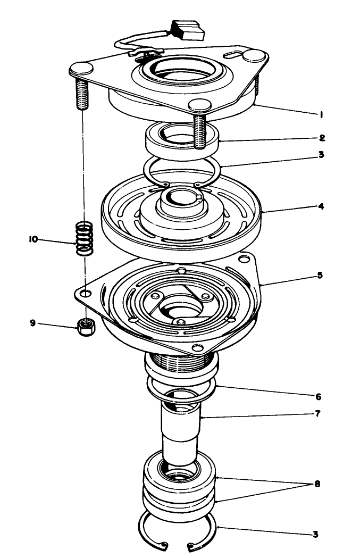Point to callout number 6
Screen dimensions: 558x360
coord(317,397)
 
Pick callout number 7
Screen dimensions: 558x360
coord(317,413)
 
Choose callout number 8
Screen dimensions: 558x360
coord(317,485)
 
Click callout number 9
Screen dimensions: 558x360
coord(33,322)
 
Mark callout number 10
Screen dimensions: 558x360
coord(33,240)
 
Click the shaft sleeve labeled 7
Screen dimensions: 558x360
coord(181,436)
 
